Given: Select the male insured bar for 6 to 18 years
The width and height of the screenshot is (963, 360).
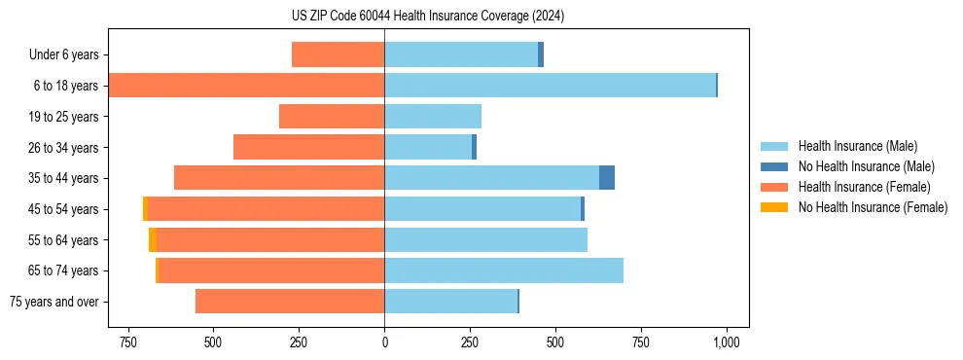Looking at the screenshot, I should click(x=550, y=86).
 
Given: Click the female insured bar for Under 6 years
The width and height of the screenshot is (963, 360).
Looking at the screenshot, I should click(x=338, y=54).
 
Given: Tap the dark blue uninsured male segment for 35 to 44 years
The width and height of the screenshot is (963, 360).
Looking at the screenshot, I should click(x=607, y=178).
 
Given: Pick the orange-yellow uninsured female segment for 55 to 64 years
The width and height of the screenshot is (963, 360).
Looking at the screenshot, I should click(x=153, y=239).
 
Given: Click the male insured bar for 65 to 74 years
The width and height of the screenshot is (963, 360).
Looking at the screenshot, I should click(x=504, y=270).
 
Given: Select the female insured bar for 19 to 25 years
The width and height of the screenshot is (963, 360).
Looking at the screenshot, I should click(x=332, y=117).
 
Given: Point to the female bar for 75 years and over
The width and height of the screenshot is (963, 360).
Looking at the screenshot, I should click(x=290, y=302).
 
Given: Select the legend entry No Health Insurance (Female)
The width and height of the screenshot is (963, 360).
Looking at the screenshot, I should click(x=873, y=207).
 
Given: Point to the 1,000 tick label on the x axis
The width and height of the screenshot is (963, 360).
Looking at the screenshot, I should click(x=726, y=342).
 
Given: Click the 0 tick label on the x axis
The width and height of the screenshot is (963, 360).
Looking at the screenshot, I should click(x=384, y=342).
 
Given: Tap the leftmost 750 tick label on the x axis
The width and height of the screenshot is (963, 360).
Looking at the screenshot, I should click(x=127, y=342).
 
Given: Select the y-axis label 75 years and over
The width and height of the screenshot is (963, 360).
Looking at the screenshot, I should click(x=54, y=302).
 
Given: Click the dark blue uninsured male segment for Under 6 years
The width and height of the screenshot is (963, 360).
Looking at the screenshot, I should click(x=541, y=54).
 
